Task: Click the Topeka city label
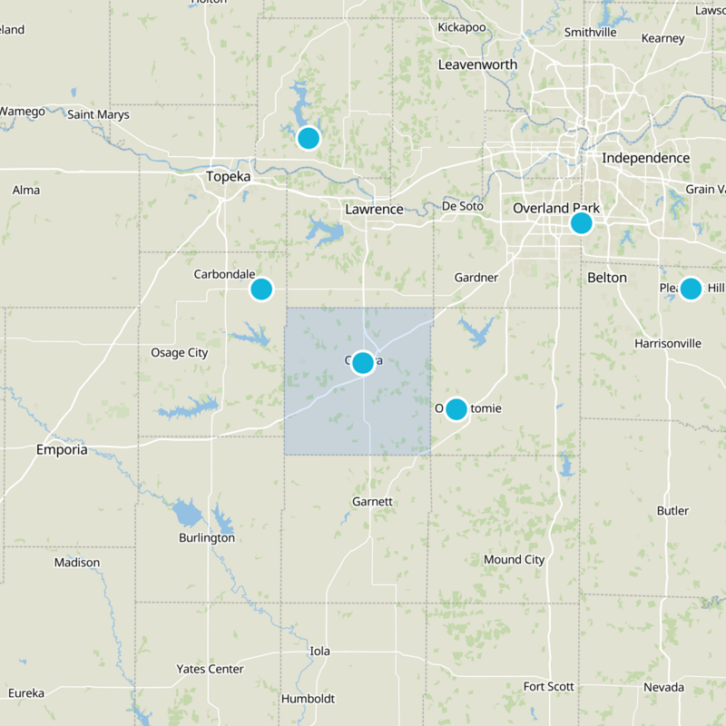(x=228, y=176)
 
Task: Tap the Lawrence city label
(x=374, y=209)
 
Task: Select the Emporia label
(x=62, y=449)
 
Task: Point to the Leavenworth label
(x=477, y=64)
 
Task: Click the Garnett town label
(x=372, y=501)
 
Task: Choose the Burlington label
(x=207, y=537)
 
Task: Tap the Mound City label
(x=514, y=559)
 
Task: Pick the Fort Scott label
(x=549, y=686)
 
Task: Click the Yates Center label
(x=210, y=669)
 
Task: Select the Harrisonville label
(x=668, y=344)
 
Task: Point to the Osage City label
(x=179, y=352)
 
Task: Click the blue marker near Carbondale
(x=261, y=289)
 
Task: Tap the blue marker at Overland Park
(x=581, y=222)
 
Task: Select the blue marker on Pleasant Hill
(x=691, y=289)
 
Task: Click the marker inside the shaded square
(x=363, y=363)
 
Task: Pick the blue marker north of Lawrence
(x=309, y=138)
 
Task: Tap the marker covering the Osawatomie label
(x=456, y=409)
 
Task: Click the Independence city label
(x=645, y=158)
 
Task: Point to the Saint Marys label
(x=98, y=114)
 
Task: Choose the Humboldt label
(x=308, y=699)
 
